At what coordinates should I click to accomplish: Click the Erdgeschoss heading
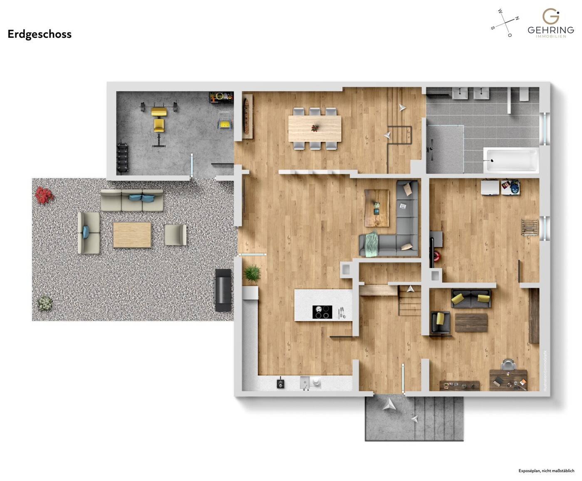[x=40, y=34]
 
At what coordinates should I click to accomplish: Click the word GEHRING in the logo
[x=550, y=30]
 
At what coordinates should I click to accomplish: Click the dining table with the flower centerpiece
[x=315, y=128]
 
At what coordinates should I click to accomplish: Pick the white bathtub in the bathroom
[x=511, y=160]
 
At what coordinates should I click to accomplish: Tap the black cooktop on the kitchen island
[x=322, y=312]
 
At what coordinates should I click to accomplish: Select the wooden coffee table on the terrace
[x=132, y=235]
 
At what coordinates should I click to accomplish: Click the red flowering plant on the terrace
[x=44, y=194]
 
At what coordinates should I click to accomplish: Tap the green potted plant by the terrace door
[x=252, y=274]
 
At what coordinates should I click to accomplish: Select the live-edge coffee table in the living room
[x=377, y=208]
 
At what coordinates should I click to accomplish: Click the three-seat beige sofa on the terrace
[x=132, y=200]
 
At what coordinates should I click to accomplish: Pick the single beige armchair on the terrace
[x=175, y=235]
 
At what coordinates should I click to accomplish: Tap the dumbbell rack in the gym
[x=122, y=157]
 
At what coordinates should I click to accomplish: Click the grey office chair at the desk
[x=508, y=364]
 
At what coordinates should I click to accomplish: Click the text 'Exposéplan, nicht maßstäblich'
[x=546, y=471]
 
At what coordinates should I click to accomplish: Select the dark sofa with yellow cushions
[x=471, y=299]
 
